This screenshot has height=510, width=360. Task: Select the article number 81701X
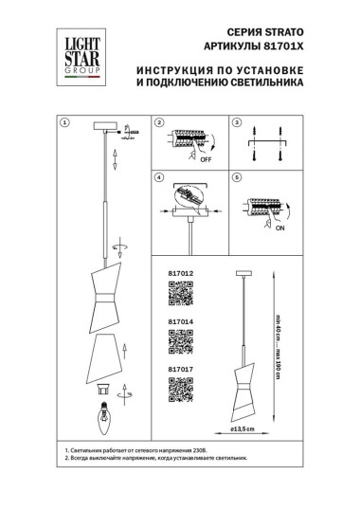[280, 46]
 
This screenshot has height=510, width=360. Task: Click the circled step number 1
[64, 123]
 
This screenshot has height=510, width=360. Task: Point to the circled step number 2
[159, 123]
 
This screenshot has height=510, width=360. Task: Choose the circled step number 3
[238, 123]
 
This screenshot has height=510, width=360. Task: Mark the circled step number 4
[159, 177]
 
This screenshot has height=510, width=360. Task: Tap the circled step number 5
[238, 177]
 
